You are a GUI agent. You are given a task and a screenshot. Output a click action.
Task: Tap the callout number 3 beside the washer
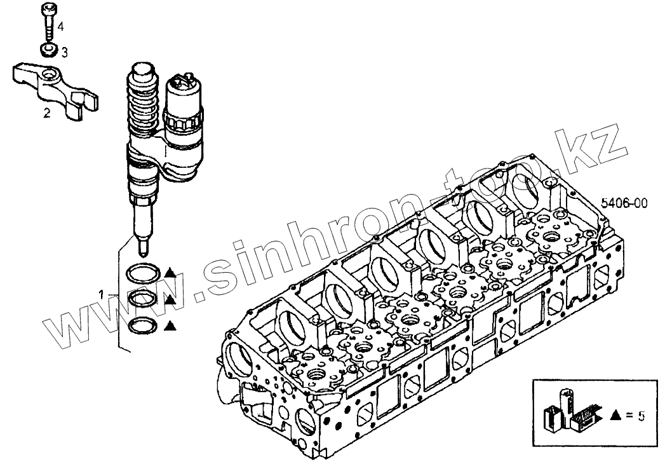click(64, 50)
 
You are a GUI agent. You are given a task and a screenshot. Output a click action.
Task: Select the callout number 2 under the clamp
click(46, 113)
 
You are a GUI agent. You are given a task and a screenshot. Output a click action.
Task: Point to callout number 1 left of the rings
click(102, 293)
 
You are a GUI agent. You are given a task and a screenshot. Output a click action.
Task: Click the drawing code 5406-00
click(624, 203)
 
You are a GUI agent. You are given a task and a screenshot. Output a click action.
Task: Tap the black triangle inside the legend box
click(614, 416)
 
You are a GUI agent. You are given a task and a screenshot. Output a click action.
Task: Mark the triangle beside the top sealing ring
click(170, 273)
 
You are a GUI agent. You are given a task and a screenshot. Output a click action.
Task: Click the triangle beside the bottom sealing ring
click(170, 326)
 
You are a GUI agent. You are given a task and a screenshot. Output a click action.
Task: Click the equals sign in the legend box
click(628, 416)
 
